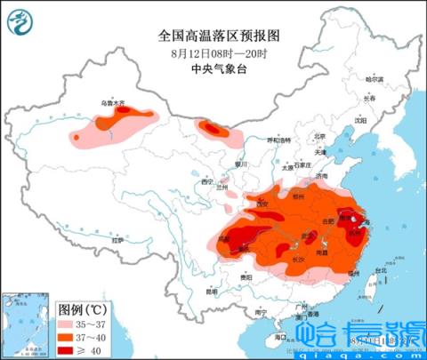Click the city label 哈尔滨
(376, 80)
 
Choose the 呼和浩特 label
(278, 140)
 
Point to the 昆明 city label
(211, 291)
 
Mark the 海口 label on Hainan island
(279, 337)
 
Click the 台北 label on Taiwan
(380, 269)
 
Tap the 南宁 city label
(260, 312)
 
